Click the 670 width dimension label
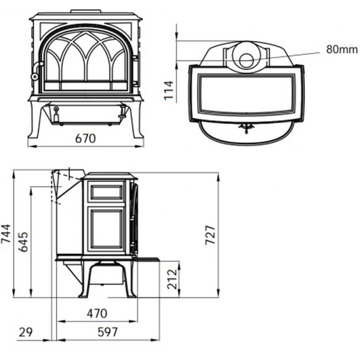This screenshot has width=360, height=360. [85, 139]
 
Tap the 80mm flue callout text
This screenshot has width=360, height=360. [342, 49]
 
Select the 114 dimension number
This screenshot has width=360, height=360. [169, 90]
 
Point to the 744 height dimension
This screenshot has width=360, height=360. [6, 234]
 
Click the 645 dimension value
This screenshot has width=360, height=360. [23, 242]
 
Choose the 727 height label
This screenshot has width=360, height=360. [210, 235]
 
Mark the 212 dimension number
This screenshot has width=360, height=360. [172, 279]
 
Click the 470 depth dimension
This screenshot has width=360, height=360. [97, 313]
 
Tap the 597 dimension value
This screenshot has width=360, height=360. [108, 332]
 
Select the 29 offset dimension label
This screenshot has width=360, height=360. [26, 332]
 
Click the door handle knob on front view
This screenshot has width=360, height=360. [35, 76]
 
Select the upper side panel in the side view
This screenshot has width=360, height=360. [107, 192]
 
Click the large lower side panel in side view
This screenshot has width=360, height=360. [107, 229]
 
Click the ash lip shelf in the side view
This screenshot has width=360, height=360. [147, 260]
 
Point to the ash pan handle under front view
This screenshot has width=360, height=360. [56, 114]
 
